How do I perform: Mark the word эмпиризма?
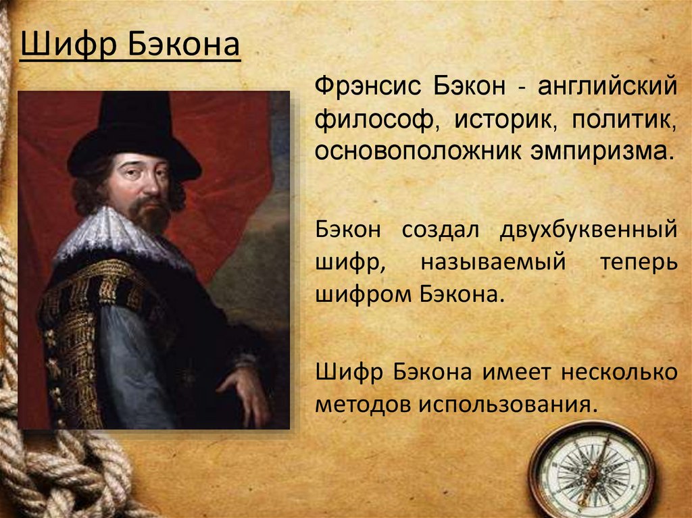tap(606, 150)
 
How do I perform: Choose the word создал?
tap(441, 229)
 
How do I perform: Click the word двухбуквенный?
tap(588, 229)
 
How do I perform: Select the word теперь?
tap(637, 261)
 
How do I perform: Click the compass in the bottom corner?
tap(591, 470)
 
